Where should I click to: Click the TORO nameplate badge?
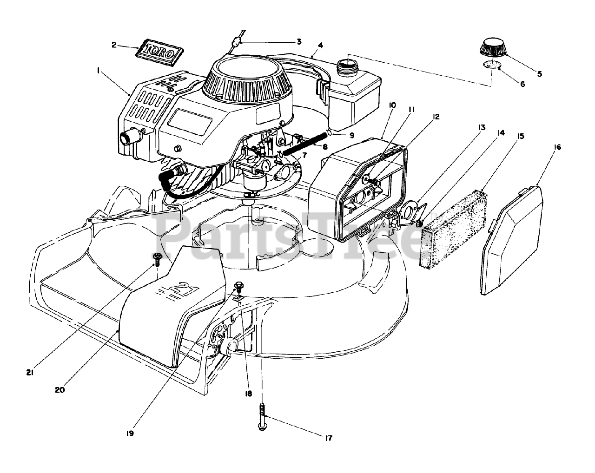158,51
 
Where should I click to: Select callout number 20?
59,389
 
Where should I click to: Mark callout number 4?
321,46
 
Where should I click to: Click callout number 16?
557,147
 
